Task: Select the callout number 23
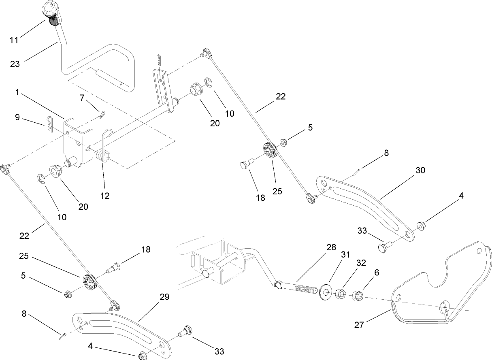(15, 64)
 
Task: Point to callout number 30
(420, 170)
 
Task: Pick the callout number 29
(164, 297)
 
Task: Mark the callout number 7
(83, 98)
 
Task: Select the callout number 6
(377, 273)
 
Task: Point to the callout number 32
(361, 262)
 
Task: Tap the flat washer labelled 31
(324, 291)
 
